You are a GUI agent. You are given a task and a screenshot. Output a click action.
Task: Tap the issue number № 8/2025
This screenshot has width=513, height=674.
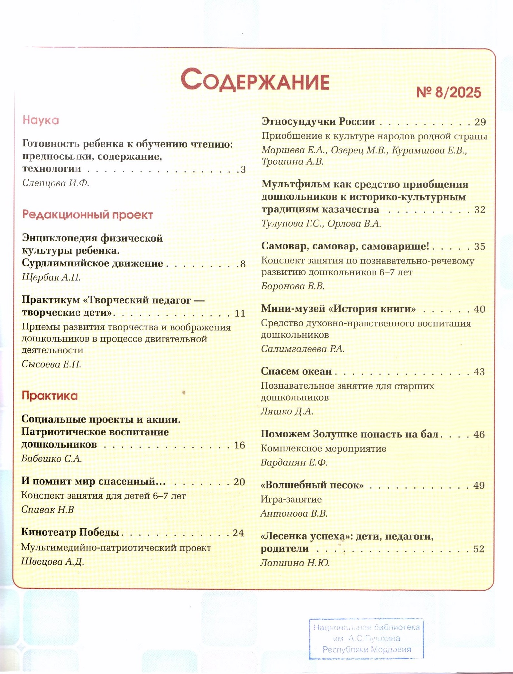[x=448, y=93]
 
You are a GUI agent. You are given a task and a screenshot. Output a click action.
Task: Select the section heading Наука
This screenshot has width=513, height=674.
[x=41, y=120]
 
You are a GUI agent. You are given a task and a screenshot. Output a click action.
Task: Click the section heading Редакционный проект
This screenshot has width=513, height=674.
[x=87, y=215]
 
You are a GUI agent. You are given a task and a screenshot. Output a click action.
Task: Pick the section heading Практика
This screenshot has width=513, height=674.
[x=50, y=396]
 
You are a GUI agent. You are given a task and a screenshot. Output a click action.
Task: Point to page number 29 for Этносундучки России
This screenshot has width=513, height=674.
[x=480, y=122]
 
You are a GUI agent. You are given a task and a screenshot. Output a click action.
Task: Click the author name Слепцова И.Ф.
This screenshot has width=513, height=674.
[x=56, y=183]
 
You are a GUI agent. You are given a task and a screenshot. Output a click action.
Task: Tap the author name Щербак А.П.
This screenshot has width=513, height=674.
[x=51, y=277]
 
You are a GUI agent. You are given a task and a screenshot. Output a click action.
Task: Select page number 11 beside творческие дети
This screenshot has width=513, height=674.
[x=240, y=313]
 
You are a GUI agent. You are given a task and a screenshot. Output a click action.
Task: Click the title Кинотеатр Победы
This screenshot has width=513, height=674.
[x=70, y=532]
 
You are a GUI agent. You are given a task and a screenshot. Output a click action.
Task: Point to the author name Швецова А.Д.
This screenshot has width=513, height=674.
[x=52, y=562]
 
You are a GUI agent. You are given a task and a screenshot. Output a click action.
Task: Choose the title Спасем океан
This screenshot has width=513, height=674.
[x=296, y=371]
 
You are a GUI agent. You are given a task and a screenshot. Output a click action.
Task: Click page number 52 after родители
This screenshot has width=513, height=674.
[x=479, y=549]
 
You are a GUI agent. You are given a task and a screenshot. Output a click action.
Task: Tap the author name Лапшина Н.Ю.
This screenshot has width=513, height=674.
[x=295, y=563]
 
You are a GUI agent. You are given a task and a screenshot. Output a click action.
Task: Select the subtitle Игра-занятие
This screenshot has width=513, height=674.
[x=291, y=499]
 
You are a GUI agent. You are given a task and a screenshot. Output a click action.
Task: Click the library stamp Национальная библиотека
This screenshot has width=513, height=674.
[x=366, y=638]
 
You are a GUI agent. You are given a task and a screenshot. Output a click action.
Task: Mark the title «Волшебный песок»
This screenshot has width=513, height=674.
[x=312, y=485]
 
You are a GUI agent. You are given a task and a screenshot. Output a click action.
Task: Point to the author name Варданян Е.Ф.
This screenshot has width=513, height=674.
[x=294, y=463]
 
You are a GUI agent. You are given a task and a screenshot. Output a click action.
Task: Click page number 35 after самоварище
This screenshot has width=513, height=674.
[x=479, y=247]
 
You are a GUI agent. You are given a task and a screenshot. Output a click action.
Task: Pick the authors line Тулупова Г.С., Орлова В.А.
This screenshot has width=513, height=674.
[x=321, y=224]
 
